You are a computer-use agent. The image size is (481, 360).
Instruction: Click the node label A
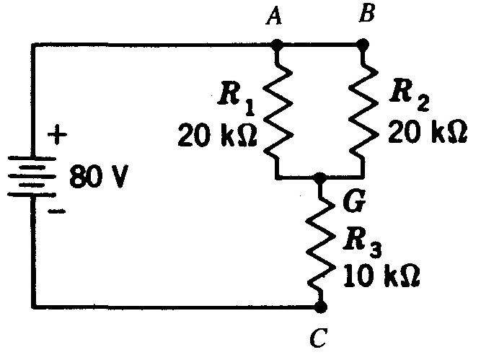273,17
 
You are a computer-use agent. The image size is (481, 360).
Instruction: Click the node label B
365,14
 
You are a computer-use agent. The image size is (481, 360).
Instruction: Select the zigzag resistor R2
362,110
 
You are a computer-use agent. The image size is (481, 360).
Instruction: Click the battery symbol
33,177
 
